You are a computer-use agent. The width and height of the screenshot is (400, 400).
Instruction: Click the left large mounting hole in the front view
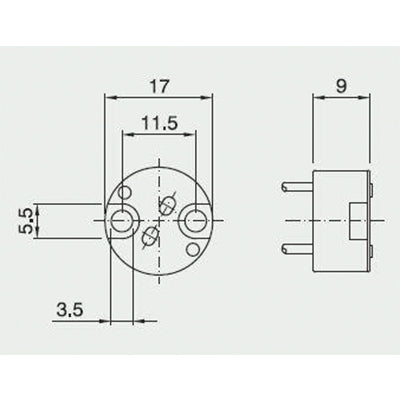[x=124, y=219]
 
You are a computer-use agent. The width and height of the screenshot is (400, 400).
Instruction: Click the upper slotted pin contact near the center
[x=168, y=204]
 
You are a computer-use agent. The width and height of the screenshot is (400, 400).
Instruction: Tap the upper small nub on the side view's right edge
[x=372, y=188]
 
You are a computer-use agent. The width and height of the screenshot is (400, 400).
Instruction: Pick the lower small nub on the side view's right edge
[x=372, y=250]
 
